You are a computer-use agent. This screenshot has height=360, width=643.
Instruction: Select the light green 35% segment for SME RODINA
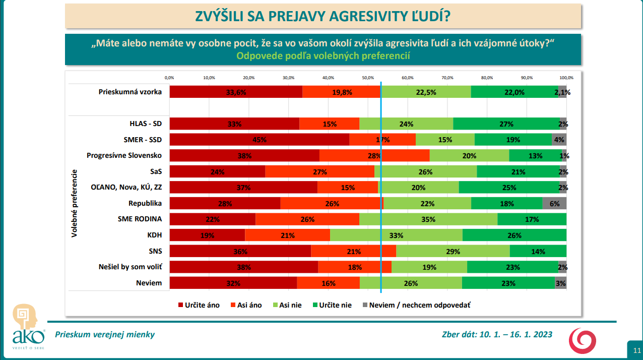428,219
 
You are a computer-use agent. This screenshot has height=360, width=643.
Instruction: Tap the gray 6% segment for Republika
554,204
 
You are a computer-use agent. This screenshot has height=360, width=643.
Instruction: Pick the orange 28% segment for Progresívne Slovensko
374,156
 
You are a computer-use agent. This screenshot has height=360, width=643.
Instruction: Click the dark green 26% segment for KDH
515,235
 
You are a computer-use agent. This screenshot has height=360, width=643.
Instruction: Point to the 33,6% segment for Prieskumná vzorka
236,92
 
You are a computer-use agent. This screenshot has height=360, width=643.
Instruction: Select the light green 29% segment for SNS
453,251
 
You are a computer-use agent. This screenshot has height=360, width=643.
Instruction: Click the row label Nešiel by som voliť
133,267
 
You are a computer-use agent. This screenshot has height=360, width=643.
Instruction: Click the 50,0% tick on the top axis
368,78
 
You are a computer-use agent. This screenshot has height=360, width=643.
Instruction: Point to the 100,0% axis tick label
566,78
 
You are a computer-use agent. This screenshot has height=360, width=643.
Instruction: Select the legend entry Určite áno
196,305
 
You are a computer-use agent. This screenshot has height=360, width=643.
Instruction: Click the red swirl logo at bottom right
584,341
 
